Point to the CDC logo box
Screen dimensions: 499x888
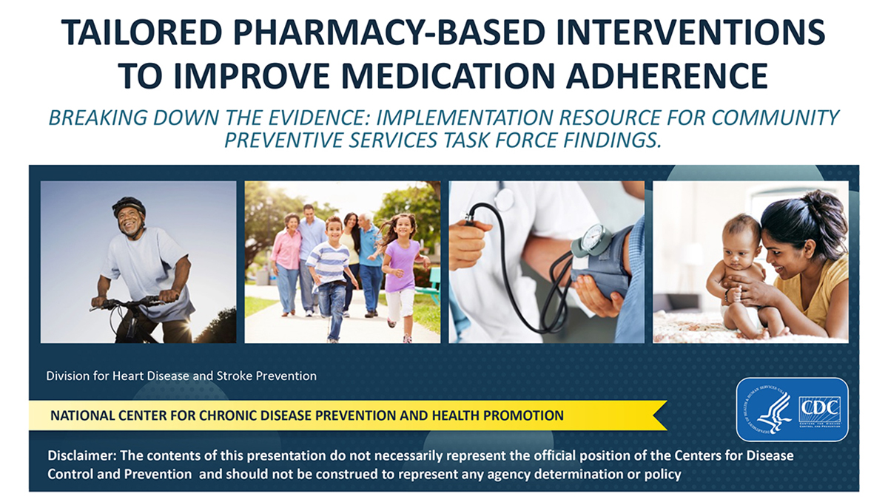coord(819,409)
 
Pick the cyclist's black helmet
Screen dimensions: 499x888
coord(129,205)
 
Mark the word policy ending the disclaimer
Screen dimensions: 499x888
coord(663,473)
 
